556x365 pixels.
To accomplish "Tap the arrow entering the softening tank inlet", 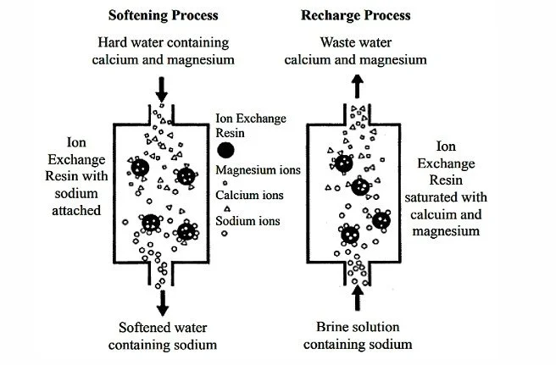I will click(162, 87).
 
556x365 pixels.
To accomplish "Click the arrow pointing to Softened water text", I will click(163, 300).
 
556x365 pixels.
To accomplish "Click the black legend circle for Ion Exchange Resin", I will click(225, 151).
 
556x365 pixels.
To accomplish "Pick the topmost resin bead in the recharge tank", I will click(343, 163).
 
